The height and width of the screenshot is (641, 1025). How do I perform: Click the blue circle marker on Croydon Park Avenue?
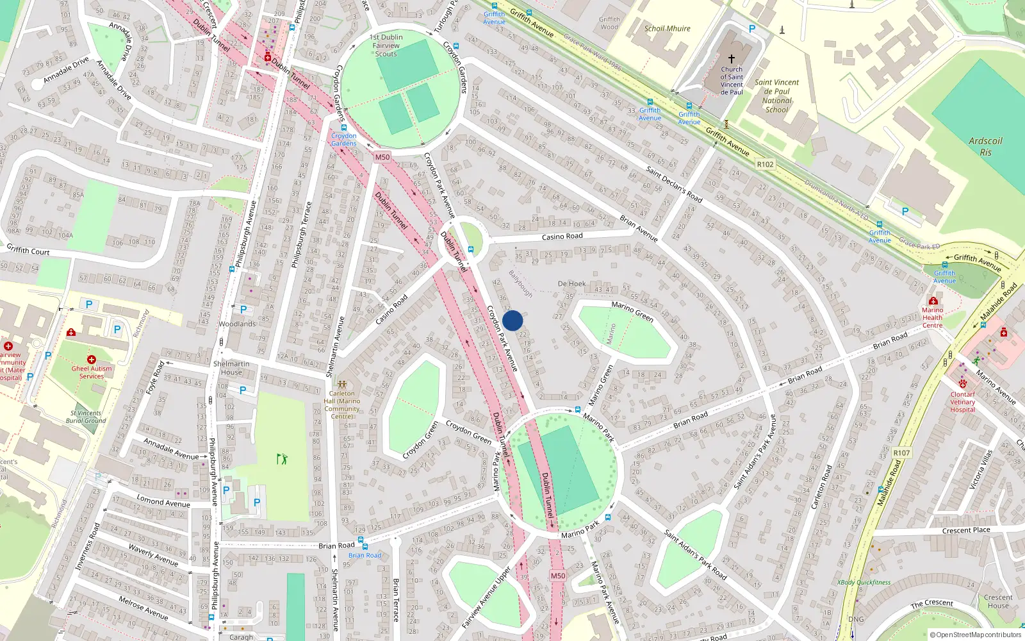click(512, 320)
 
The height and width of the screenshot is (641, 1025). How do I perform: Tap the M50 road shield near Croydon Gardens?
click(382, 157)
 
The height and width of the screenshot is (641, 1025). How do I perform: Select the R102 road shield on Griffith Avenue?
click(765, 164)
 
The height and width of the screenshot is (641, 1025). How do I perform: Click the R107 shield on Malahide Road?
click(901, 453)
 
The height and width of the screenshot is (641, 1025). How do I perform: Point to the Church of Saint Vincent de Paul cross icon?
click(731, 58)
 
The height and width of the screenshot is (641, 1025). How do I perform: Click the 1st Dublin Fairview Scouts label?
click(386, 46)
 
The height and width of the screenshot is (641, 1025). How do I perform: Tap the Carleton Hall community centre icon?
click(342, 384)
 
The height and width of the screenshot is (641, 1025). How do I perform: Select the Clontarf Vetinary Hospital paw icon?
click(962, 383)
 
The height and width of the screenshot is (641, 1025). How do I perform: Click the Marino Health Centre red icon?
click(933, 301)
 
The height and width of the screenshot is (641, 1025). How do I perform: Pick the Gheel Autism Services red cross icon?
click(92, 360)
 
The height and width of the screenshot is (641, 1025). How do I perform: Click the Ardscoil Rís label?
click(985, 146)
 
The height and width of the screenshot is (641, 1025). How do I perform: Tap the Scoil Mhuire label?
click(667, 28)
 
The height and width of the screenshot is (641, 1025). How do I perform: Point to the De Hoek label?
click(571, 283)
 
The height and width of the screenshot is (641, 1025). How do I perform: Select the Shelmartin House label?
click(231, 368)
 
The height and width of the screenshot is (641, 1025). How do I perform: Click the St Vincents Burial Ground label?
click(86, 417)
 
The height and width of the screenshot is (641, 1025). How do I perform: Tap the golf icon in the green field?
click(282, 458)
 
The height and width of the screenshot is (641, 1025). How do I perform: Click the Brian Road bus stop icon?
click(361, 540)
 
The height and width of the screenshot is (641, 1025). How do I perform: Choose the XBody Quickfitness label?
click(864, 583)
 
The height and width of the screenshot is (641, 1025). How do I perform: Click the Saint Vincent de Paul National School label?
click(776, 96)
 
